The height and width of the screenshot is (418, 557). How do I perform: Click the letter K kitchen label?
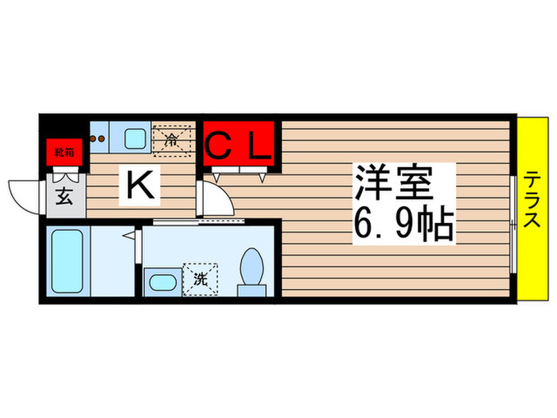141,186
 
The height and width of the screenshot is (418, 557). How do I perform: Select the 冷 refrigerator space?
173,139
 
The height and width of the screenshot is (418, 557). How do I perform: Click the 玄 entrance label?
64,196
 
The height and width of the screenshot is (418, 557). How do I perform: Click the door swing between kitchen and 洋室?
213,199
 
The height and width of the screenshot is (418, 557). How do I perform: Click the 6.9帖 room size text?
403,225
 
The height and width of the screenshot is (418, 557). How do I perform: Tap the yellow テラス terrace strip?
532,209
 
